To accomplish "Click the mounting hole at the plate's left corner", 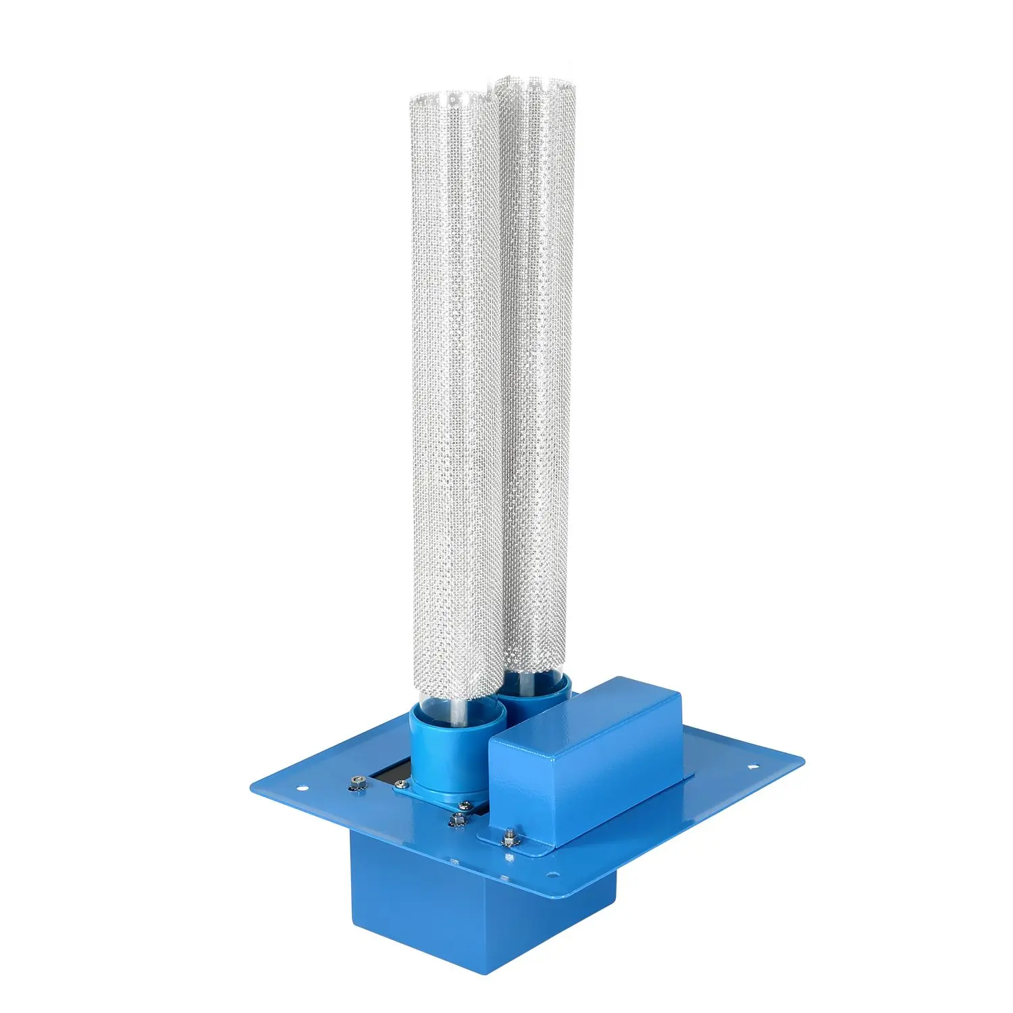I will (x=301, y=787).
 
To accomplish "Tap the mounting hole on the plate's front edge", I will (x=554, y=875).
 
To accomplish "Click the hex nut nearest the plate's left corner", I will (x=357, y=782).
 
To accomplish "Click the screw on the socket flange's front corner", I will (x=465, y=805).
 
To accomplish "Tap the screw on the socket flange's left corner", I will (x=402, y=784).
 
